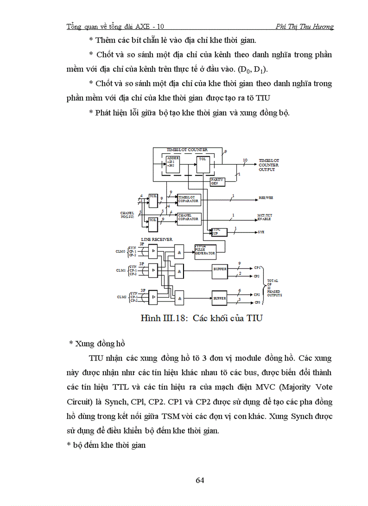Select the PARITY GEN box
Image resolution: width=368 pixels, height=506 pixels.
(217, 180)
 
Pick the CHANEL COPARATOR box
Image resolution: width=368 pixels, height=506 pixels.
(189, 217)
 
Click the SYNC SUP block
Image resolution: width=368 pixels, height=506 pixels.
(215, 232)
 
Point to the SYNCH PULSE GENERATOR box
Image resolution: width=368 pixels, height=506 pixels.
(205, 250)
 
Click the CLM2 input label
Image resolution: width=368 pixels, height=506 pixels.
(121, 297)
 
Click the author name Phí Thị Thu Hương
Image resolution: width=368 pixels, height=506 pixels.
(304, 27)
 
